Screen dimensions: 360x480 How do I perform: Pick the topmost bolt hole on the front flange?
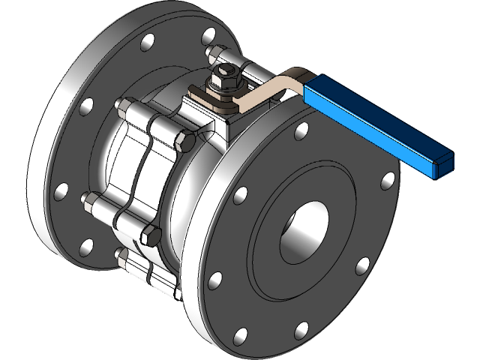click(301, 130)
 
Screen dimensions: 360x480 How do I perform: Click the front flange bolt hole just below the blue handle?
click(388, 180)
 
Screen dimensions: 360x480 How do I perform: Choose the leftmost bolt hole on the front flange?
click(215, 280)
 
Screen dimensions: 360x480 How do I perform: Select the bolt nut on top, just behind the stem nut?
click(214, 54)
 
